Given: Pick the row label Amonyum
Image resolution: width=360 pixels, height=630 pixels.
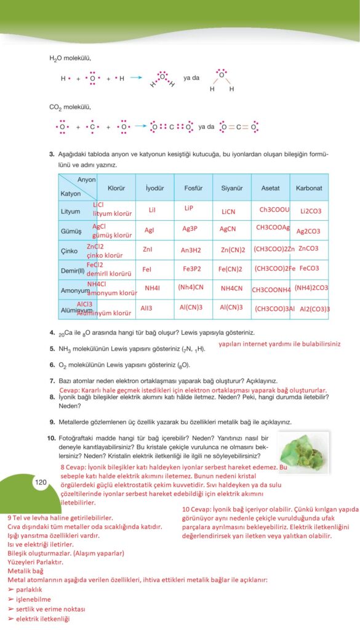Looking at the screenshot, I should (75, 289).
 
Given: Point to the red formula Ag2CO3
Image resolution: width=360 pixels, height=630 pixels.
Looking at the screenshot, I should (308, 231).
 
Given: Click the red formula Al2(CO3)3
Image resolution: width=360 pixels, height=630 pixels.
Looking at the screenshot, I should (314, 309).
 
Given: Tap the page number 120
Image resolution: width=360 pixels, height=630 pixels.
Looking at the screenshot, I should (41, 482).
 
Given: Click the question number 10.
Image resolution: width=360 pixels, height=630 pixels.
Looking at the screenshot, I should (52, 437).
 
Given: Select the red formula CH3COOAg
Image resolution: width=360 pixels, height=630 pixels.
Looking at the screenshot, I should (273, 227).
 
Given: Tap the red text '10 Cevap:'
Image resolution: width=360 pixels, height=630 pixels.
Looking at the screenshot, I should (198, 509).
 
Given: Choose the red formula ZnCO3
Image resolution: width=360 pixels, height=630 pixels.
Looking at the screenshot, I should (308, 249).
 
